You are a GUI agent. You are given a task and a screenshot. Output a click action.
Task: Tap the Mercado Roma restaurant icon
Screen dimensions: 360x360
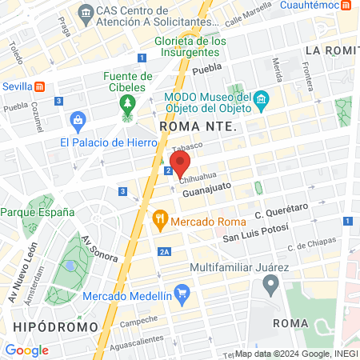point(160,216)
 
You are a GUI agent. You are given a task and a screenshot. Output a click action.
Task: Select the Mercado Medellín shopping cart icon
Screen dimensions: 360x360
point(182,294)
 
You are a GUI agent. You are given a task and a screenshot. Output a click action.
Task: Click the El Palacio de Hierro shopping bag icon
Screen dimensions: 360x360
point(78,122)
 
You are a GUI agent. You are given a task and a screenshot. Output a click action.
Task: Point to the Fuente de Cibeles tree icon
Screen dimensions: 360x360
point(126,104)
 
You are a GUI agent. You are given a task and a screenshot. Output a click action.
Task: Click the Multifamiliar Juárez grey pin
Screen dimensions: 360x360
point(271,283)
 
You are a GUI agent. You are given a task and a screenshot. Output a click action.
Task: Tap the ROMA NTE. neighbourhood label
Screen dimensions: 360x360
point(196,126)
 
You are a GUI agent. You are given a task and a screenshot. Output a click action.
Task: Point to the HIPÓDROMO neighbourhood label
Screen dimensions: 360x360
point(55,326)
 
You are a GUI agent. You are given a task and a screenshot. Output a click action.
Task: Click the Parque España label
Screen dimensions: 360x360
point(38,212)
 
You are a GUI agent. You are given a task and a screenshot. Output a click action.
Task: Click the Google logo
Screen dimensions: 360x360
point(26,350)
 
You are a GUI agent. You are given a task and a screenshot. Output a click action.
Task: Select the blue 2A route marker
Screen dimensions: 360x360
point(165,252)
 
